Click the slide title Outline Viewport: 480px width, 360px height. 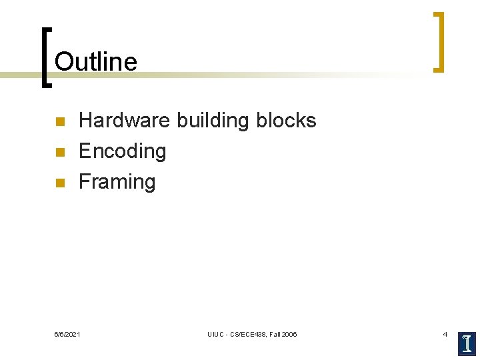point(96,62)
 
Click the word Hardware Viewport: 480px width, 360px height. point(125,121)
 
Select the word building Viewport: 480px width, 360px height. point(212,121)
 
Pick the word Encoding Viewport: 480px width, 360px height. point(122,151)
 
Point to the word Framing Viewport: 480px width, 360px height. point(117,181)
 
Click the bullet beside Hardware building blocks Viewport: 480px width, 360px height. point(58,122)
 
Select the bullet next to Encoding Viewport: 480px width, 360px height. point(58,153)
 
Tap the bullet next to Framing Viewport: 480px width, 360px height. point(58,183)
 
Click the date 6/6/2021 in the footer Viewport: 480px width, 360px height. point(67,334)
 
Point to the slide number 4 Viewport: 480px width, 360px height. point(445,333)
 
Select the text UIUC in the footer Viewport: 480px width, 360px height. point(215,334)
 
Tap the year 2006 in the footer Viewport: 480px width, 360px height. point(289,334)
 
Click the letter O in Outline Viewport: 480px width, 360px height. point(64,62)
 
